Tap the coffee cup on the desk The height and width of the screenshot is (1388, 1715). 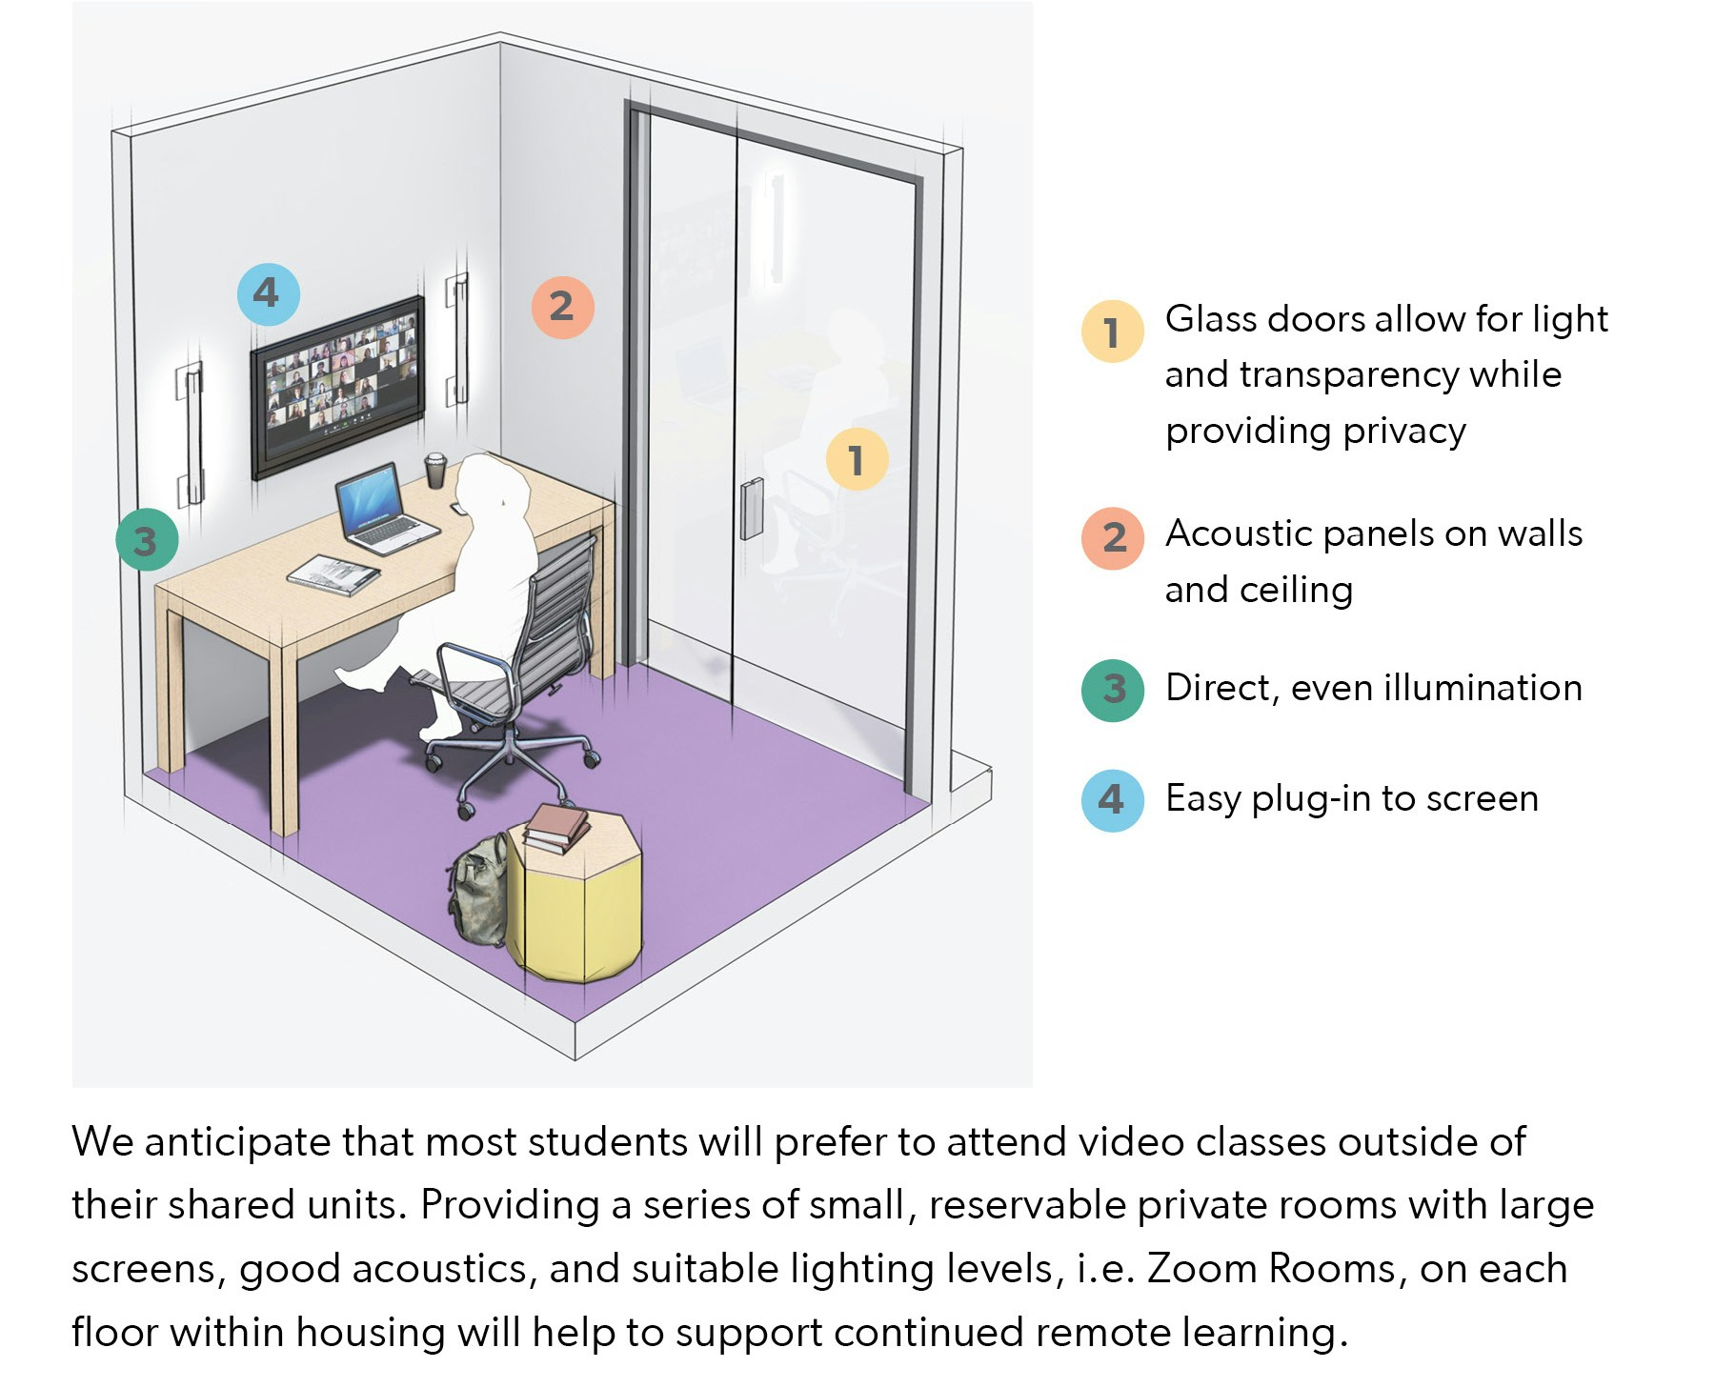pyautogui.click(x=435, y=471)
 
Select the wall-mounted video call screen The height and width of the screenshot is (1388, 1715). pyautogui.click(x=337, y=386)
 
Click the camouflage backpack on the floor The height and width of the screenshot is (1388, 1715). pyautogui.click(x=479, y=891)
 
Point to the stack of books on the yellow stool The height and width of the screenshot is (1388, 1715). pyautogui.click(x=556, y=828)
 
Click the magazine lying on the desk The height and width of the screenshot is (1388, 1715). pyautogui.click(x=333, y=574)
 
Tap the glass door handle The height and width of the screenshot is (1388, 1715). pyautogui.click(x=752, y=509)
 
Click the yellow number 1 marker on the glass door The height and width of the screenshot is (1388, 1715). pyautogui.click(x=857, y=459)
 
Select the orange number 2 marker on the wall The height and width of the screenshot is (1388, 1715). pyautogui.click(x=562, y=307)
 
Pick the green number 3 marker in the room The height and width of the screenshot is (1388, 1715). pyautogui.click(x=147, y=540)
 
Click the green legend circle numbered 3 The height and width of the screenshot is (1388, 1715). pyautogui.click(x=1112, y=690)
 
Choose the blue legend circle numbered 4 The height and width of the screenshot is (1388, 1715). pyautogui.click(x=1112, y=800)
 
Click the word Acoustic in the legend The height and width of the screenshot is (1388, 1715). pyautogui.click(x=1239, y=533)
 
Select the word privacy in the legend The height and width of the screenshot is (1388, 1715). pyautogui.click(x=1404, y=432)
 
